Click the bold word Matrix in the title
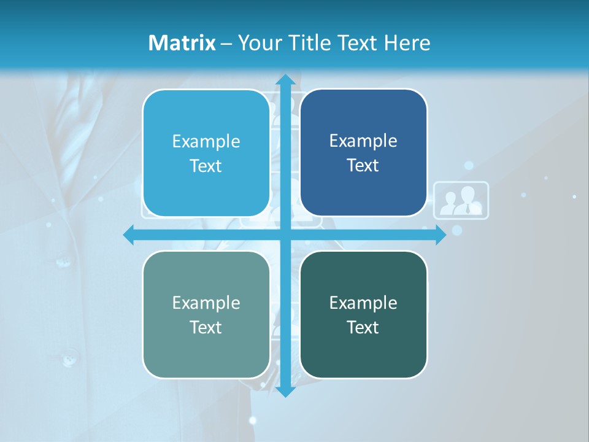coord(182,42)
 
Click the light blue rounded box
coord(206,153)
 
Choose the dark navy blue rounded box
coord(363,153)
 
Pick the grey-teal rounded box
coord(206,314)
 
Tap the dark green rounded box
coord(363,314)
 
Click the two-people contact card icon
coord(461,200)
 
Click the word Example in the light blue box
coord(206,141)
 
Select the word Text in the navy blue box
coord(363,165)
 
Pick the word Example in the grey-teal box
coord(206,303)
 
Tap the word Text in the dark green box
coord(363,327)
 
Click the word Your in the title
coord(255,42)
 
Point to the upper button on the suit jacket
coord(63,263)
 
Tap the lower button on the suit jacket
coord(67,356)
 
